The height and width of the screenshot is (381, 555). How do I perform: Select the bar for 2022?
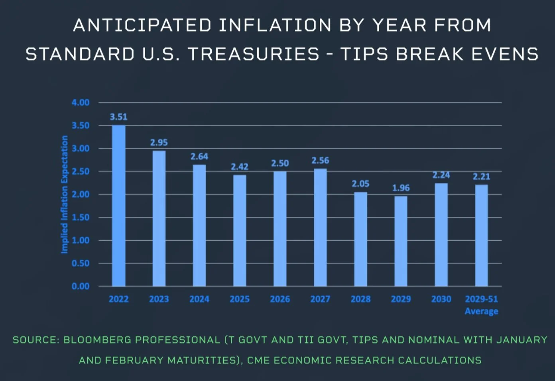click(119, 206)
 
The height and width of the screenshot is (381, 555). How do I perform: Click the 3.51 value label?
click(119, 117)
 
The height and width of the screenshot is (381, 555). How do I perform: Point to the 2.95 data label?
click(159, 142)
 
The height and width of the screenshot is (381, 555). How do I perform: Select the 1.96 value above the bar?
click(401, 188)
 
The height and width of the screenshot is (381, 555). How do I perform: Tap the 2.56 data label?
click(320, 160)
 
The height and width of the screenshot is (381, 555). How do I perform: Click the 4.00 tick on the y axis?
click(81, 102)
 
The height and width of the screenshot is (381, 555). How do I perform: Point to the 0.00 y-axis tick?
click(81, 286)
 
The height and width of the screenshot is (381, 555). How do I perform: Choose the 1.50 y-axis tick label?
click(81, 217)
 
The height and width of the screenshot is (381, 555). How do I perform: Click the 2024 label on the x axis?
click(199, 299)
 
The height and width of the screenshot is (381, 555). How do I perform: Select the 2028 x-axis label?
click(360, 299)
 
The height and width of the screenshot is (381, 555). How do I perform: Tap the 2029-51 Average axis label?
click(482, 305)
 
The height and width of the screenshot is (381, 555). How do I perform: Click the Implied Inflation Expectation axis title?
click(64, 194)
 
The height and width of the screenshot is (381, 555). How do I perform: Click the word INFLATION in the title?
click(275, 26)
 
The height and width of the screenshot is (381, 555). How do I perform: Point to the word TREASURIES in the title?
click(254, 54)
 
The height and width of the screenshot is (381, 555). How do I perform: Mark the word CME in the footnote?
click(258, 360)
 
